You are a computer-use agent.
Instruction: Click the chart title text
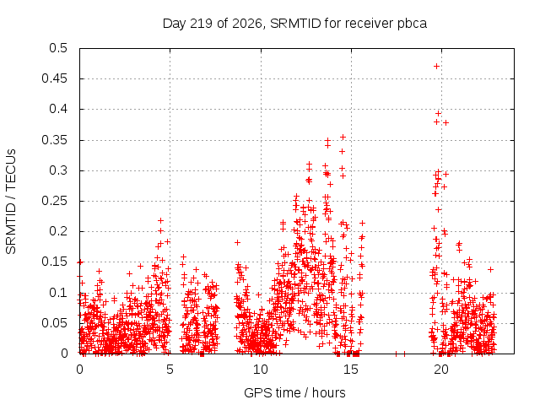(x=294, y=24)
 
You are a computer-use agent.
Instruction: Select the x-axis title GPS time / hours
(x=294, y=392)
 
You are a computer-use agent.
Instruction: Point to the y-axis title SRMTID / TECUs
(x=11, y=202)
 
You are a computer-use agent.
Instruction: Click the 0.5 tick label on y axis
(x=58, y=48)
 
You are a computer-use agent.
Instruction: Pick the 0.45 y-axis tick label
(x=54, y=78)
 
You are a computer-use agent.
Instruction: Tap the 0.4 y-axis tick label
(x=58, y=109)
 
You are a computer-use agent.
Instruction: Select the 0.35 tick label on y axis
(x=54, y=140)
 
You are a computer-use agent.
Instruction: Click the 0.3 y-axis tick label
(x=58, y=170)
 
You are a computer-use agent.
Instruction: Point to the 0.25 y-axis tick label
(x=54, y=201)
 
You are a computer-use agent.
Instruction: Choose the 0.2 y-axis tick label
(x=58, y=231)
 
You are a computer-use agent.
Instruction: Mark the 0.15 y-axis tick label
(x=54, y=262)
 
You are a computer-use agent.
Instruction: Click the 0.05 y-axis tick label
(x=54, y=323)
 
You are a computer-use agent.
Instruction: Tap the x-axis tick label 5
(x=170, y=370)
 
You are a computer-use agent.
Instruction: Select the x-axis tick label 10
(x=261, y=370)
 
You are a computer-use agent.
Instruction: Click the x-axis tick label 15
(x=351, y=370)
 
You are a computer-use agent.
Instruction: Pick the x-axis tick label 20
(x=441, y=370)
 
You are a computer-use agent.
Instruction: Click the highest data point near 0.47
(x=437, y=66)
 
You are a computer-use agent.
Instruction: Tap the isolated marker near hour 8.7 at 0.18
(x=237, y=242)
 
